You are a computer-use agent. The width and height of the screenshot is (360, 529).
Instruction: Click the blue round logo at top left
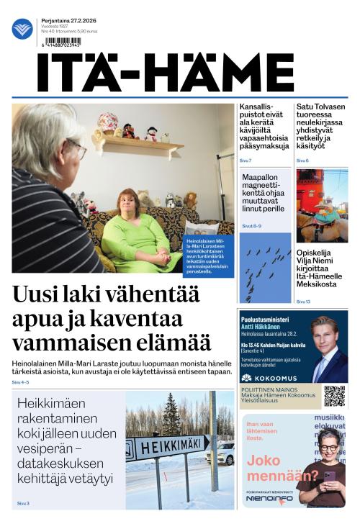tap(22, 29)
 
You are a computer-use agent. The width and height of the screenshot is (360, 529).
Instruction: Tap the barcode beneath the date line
tap(62, 42)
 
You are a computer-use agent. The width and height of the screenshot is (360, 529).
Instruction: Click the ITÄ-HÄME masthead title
tap(166, 72)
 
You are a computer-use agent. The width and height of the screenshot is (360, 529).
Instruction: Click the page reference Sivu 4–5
tap(21, 382)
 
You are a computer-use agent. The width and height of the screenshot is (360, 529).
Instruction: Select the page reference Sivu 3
tap(23, 503)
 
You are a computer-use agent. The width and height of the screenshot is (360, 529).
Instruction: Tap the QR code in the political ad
tap(334, 396)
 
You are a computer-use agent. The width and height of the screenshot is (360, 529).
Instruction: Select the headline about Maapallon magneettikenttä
tap(264, 194)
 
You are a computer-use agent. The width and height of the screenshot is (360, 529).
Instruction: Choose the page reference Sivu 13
tap(303, 302)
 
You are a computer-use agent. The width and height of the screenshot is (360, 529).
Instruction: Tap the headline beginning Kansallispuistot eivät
tap(264, 127)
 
